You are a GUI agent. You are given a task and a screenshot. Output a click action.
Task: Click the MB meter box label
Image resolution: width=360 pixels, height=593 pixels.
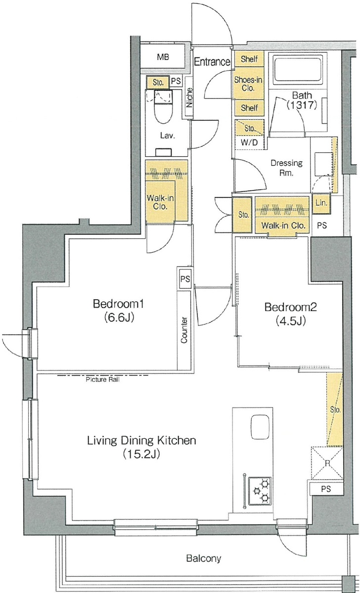tap(163, 57)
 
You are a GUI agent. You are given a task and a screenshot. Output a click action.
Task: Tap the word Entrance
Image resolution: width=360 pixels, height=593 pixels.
tap(212, 62)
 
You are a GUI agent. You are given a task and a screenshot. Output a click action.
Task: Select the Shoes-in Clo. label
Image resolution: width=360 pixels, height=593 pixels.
tap(248, 84)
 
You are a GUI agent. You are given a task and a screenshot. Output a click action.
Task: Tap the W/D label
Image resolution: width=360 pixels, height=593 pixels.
tap(249, 142)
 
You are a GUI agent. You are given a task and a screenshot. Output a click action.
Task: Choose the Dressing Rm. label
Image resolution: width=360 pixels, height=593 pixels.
tap(287, 168)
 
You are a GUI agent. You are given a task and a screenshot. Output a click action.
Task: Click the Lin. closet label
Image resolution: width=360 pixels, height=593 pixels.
tap(321, 203)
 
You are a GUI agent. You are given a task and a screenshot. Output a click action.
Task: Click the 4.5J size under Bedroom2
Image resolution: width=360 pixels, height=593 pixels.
tap(290, 321)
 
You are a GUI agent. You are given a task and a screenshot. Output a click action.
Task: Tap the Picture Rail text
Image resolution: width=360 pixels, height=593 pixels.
tap(102, 380)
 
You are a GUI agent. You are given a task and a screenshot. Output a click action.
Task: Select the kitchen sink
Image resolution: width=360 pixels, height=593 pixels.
tap(260, 427)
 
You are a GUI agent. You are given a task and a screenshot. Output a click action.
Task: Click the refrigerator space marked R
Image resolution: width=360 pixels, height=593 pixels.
tap(327, 463)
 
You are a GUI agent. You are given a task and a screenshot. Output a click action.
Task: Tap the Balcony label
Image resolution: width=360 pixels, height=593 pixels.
tap(203, 558)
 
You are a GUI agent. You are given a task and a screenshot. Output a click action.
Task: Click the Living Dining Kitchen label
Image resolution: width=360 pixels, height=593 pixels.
tap(141, 440)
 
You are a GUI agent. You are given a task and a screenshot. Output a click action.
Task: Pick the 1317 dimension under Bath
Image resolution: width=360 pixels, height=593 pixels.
tap(301, 105)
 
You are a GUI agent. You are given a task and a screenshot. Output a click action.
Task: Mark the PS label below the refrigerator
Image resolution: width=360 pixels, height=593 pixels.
tap(326, 489)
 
